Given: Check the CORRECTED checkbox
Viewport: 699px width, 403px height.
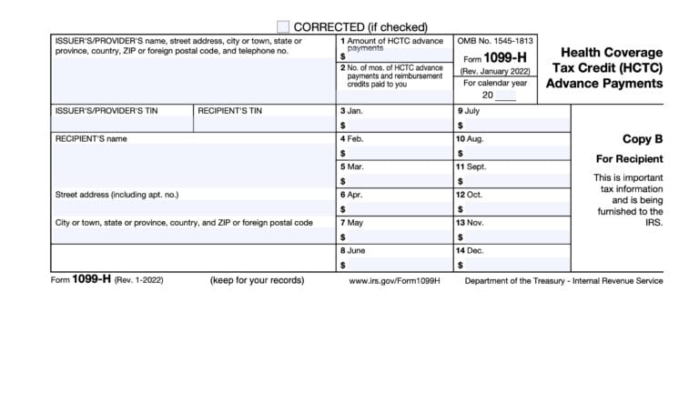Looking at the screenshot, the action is pyautogui.click(x=283, y=26).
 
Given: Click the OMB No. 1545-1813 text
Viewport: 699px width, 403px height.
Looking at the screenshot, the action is pyautogui.click(x=497, y=42).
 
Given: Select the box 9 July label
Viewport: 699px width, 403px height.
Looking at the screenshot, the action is pyautogui.click(x=469, y=111).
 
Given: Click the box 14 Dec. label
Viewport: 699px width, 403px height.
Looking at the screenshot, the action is pyautogui.click(x=471, y=250).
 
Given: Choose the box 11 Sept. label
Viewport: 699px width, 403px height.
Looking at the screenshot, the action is pyautogui.click(x=471, y=166).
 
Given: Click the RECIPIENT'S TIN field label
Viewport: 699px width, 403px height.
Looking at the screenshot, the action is pyautogui.click(x=229, y=111).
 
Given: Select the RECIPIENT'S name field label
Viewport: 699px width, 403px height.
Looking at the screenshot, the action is pyautogui.click(x=91, y=139).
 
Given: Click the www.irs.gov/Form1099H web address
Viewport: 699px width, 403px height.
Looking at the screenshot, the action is pyautogui.click(x=394, y=280).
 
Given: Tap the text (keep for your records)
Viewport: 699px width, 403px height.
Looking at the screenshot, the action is pyautogui.click(x=257, y=280).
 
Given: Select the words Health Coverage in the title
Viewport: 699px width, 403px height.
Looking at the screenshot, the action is pyautogui.click(x=612, y=53).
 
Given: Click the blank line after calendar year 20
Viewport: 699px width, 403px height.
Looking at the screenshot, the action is pyautogui.click(x=506, y=95).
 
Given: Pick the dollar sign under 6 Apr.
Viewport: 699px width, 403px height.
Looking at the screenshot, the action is pyautogui.click(x=342, y=209).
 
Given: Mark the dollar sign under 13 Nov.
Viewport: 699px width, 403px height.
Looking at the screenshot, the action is pyautogui.click(x=460, y=237).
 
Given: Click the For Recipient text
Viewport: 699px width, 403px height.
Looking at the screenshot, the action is pyautogui.click(x=630, y=159).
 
